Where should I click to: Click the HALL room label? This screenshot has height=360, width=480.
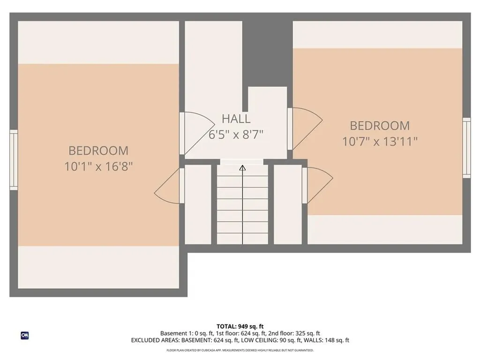pyautogui.click(x=236, y=119)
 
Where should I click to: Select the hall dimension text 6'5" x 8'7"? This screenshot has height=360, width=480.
pyautogui.click(x=236, y=135)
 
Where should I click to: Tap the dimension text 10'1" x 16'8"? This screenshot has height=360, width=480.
pyautogui.click(x=98, y=166)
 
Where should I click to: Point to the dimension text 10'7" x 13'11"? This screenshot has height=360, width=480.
pyautogui.click(x=380, y=141)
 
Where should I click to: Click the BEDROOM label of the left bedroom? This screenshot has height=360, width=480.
pyautogui.click(x=98, y=150)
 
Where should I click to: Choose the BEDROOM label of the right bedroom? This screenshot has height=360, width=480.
pyautogui.click(x=380, y=126)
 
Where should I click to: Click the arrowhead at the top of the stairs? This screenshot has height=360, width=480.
pyautogui.click(x=242, y=167)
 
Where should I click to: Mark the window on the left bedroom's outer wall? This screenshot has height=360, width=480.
pyautogui.click(x=14, y=160)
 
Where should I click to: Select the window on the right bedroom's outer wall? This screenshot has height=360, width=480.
pyautogui.click(x=466, y=148)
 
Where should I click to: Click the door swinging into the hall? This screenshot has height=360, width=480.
pyautogui.click(x=192, y=134)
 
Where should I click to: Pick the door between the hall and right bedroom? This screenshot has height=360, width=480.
pyautogui.click(x=305, y=127)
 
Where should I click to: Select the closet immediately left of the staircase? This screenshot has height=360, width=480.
pyautogui.click(x=198, y=204)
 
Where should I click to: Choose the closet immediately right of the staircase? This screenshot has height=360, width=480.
pyautogui.click(x=287, y=204)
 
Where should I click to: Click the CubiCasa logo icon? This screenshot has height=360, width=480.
pyautogui.click(x=24, y=335)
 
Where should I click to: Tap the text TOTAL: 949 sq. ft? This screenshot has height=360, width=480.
pyautogui.click(x=240, y=326)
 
